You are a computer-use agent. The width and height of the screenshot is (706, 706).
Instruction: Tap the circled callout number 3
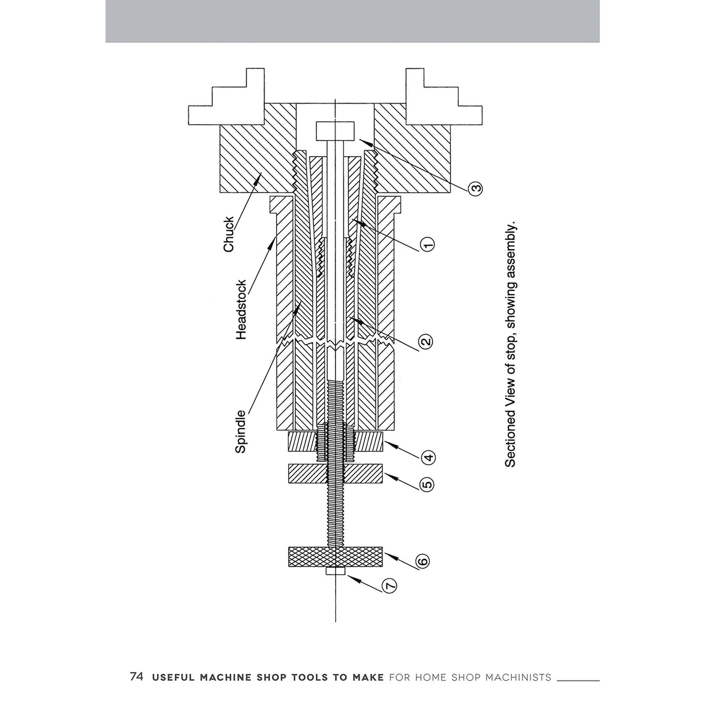point(476,188)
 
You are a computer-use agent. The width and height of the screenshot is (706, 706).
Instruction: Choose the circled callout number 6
point(423,560)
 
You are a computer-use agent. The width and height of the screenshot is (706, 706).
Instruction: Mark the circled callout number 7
point(389,586)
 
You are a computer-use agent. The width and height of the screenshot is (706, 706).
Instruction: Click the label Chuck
point(229,235)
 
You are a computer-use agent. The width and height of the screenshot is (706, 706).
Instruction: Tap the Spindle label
point(241,431)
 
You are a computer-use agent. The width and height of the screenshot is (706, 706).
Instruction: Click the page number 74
point(137,677)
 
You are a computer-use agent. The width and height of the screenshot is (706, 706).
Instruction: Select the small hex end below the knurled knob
point(335,571)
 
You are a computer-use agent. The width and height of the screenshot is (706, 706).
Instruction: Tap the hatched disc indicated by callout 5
point(335,474)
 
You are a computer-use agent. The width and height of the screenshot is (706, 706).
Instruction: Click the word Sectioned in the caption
point(510,438)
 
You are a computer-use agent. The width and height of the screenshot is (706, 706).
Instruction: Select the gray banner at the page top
point(352,21)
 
